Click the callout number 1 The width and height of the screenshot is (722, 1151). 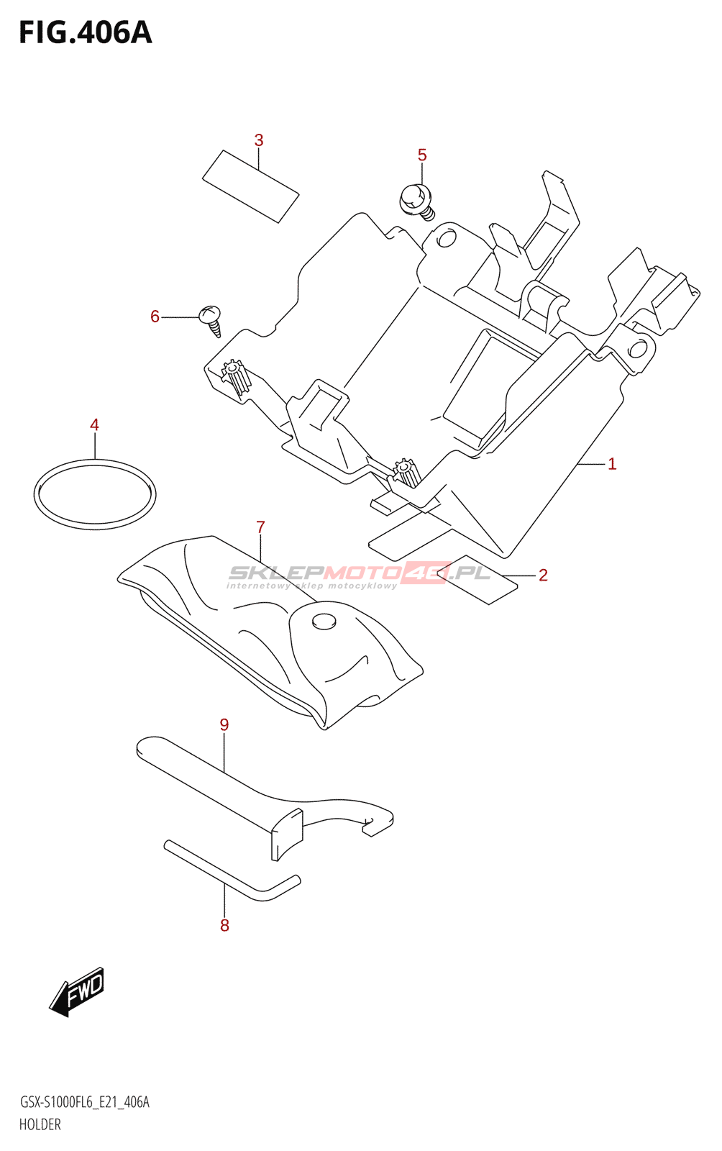coord(612,464)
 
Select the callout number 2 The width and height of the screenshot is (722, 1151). coord(543,575)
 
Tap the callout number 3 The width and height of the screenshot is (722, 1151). coord(259,140)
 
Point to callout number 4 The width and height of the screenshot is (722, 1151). coord(94,424)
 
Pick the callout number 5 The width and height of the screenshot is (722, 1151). coord(422,155)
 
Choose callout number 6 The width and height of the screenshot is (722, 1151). coord(155,317)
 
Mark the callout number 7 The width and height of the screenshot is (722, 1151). coord(260,527)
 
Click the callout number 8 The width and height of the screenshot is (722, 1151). coord(224,926)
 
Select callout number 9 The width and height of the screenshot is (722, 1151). coord(224,724)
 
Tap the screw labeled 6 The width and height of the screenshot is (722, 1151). coord(211,318)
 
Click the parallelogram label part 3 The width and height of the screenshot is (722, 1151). coord(250,186)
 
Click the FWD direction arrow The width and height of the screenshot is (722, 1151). coord(78,992)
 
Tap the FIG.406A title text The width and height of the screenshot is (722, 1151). coord(85,33)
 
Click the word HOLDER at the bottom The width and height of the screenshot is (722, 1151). coord(40,1124)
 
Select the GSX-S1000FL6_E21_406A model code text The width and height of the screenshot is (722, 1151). coord(84,1102)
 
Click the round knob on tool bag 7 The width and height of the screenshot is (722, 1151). coord(324,621)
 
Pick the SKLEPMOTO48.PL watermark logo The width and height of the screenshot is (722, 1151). coord(360,574)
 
